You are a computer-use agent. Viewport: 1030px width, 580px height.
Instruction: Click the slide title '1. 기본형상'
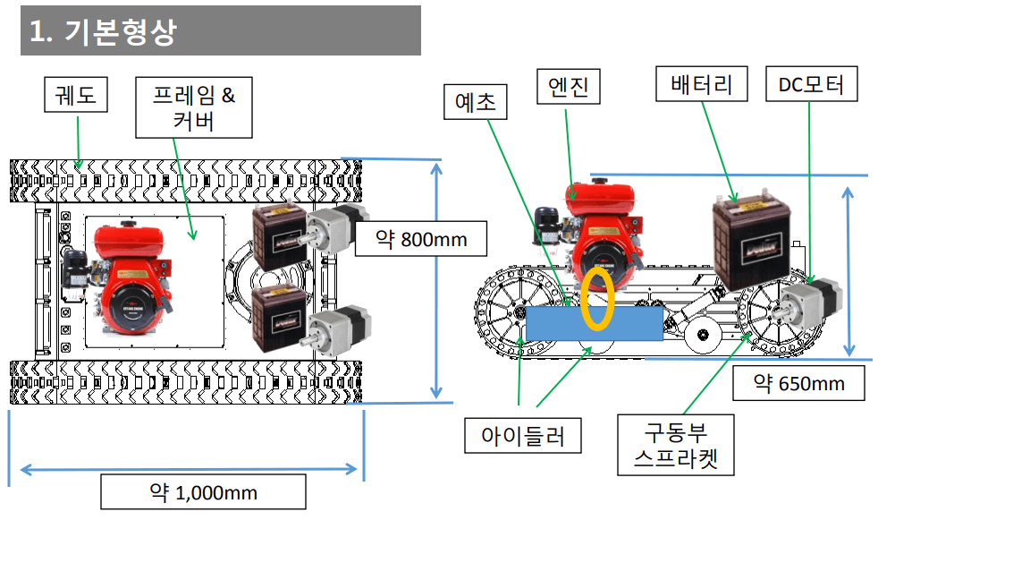103,31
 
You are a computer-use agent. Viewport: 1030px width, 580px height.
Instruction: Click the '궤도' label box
76,95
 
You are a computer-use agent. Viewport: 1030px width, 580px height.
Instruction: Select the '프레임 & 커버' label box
194,107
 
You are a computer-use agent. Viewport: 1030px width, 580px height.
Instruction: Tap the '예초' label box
476,102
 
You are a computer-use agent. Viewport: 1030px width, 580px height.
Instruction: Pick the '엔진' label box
569,86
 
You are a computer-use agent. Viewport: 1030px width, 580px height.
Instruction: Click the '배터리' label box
702,83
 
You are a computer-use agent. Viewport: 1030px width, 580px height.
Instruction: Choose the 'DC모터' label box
811,83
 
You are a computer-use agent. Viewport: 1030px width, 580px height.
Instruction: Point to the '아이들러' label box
523,435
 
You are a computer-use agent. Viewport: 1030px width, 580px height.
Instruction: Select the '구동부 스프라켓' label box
676,445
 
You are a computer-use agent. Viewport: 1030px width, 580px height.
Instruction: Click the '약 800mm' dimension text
421,239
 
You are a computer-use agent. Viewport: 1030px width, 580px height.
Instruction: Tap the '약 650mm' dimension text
798,383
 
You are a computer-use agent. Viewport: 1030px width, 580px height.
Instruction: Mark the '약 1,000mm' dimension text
203,492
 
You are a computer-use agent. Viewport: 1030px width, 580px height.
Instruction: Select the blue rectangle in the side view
595,323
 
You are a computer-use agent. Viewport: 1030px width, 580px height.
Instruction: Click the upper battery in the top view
280,236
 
